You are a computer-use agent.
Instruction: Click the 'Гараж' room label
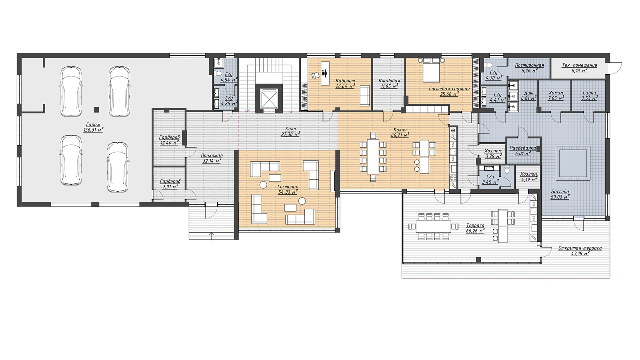pos(93,124)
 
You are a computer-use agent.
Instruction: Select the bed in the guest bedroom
pos(431,70)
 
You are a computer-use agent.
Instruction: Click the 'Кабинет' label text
pos(345,81)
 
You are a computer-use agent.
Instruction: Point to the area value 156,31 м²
pos(93,130)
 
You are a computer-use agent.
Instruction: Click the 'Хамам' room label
pos(556,93)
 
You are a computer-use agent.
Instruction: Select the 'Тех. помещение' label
pos(580,65)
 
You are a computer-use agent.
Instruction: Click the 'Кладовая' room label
pos(389,81)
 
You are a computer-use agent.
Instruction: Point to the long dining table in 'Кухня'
pos(373,156)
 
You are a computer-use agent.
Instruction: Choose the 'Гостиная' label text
pos(288,187)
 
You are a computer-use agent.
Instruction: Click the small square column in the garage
pos(97,110)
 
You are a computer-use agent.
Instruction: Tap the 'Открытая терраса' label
pos(580,248)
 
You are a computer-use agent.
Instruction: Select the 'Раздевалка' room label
pos(522,148)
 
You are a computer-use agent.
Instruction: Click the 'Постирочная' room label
pos(530,65)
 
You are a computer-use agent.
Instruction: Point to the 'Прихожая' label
pos(212,156)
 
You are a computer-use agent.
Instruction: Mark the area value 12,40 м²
pos(170,142)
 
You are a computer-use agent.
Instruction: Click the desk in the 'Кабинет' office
pos(325,73)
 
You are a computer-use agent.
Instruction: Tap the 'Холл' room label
pos(290,129)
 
